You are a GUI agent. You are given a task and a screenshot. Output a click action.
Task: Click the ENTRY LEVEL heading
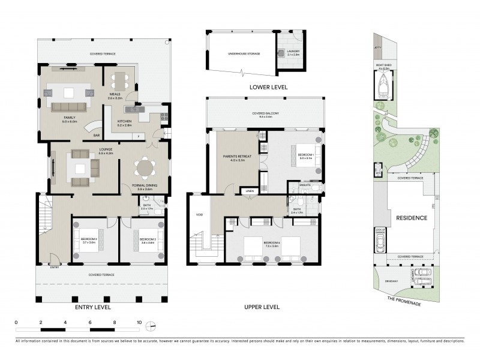[x=93, y=307]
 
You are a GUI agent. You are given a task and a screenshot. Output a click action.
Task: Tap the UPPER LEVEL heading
[x=262, y=307]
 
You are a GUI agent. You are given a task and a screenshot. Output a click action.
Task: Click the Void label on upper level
[x=200, y=214]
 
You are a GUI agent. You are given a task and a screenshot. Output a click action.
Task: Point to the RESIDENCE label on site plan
[x=412, y=218]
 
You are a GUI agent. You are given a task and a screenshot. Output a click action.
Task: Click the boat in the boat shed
[x=383, y=89]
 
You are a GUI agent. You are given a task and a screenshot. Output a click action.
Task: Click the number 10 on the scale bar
[x=139, y=322]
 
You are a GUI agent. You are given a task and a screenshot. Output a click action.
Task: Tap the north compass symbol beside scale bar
[x=152, y=326]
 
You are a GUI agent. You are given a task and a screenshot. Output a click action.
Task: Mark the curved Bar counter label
[x=96, y=136]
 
